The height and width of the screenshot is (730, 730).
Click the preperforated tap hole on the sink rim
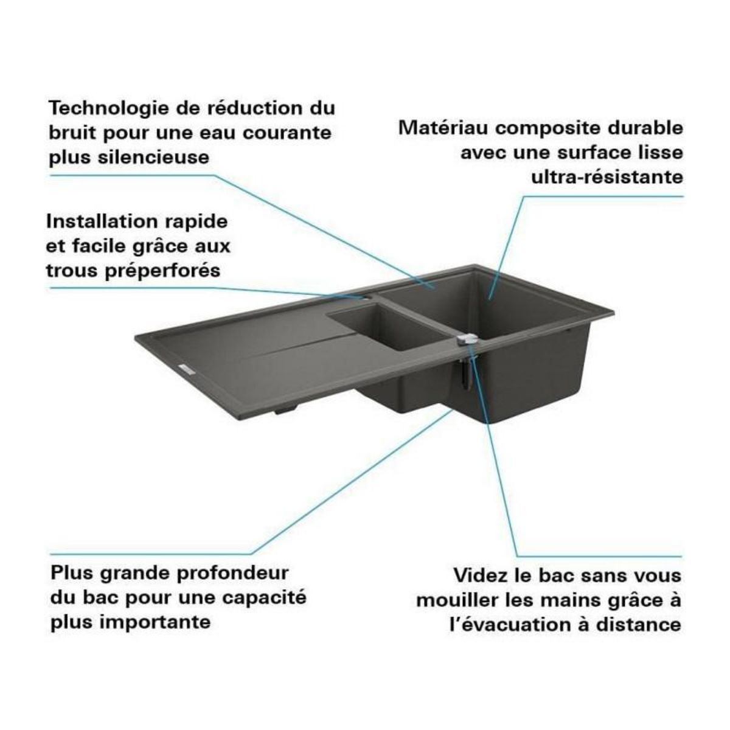pos(364,298)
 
